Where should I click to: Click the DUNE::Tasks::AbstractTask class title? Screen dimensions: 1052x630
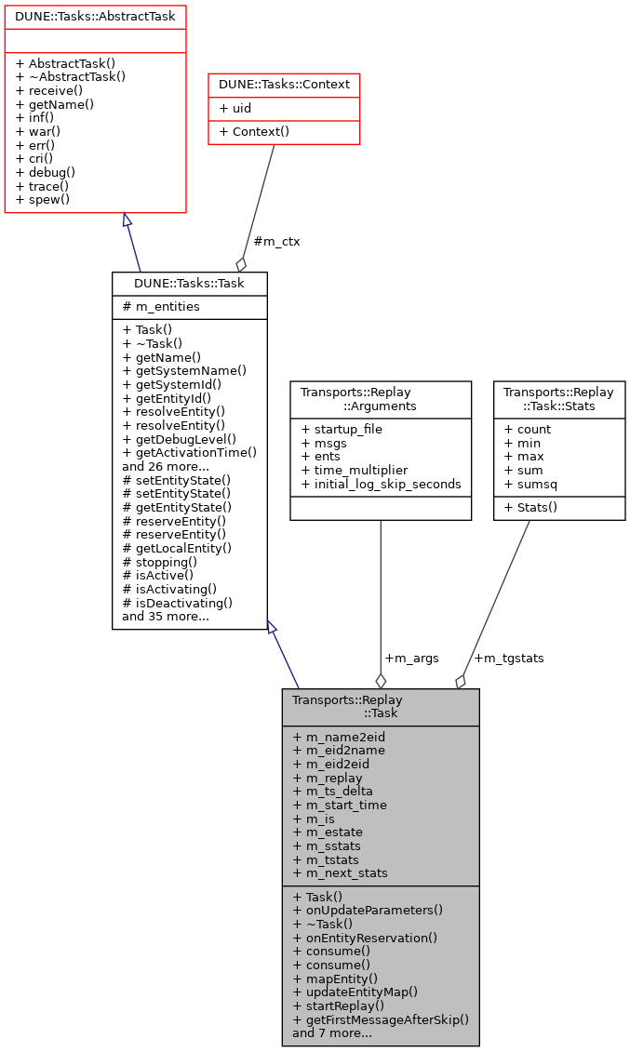click(x=95, y=16)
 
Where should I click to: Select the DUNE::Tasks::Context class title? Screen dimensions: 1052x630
click(x=284, y=85)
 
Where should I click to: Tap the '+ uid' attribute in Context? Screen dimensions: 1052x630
click(x=235, y=109)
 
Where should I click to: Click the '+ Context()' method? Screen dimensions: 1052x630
click(x=254, y=132)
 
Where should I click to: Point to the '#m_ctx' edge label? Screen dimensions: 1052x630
click(x=276, y=241)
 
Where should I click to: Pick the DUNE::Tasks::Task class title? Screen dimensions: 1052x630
click(x=189, y=283)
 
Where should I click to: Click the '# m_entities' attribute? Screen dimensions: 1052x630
click(x=161, y=307)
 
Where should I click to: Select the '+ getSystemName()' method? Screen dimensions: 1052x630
click(x=184, y=370)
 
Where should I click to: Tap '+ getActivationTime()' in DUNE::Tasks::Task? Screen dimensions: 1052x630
click(x=189, y=452)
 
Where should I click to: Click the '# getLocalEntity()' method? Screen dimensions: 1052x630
click(x=177, y=549)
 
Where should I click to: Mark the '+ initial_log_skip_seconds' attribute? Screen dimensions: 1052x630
click(x=381, y=484)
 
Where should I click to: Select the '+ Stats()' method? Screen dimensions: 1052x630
click(x=530, y=507)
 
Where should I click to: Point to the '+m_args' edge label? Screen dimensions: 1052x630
click(x=411, y=659)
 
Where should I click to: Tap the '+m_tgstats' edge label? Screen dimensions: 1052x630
click(x=509, y=659)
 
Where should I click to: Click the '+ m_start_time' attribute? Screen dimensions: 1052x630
click(x=340, y=806)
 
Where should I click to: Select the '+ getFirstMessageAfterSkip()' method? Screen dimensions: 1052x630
click(x=381, y=1019)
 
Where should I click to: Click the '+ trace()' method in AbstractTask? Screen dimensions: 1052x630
click(x=46, y=186)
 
